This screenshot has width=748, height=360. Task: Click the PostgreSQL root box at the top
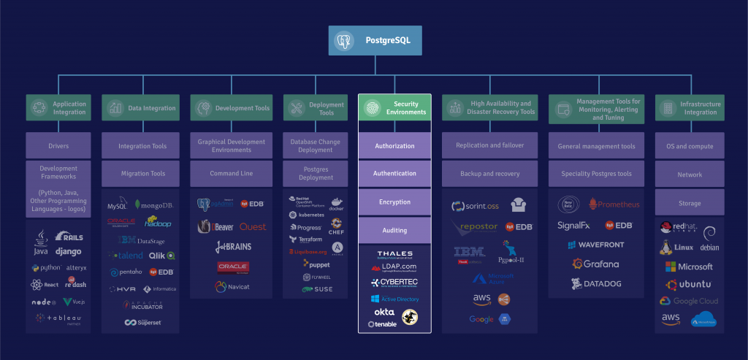375,41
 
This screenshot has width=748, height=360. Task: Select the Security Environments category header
394,108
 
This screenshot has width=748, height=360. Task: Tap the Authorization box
394,146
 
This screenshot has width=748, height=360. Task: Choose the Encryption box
394,202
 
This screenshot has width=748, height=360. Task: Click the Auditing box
394,230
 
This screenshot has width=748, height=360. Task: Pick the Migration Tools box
142,174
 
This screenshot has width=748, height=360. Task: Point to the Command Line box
231,174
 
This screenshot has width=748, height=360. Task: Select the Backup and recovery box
489,174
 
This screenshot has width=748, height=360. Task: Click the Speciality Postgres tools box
596,174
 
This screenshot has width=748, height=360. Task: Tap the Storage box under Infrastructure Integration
690,202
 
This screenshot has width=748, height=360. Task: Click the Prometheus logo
614,204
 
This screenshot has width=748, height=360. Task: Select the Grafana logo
595,264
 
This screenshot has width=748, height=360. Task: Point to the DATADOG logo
595,283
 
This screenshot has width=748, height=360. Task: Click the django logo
68,252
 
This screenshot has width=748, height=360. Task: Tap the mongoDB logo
156,205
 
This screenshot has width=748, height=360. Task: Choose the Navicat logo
232,287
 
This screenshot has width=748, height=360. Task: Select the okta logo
383,312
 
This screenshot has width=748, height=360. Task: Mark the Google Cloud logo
689,301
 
